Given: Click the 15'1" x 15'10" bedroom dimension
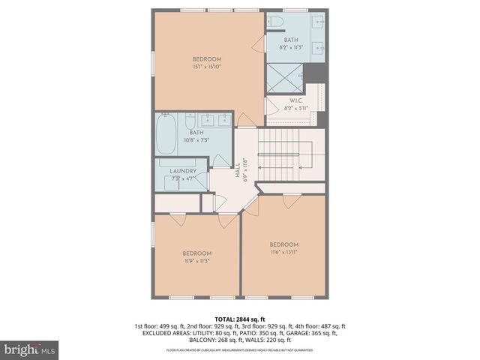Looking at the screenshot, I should pyautogui.click(x=207, y=67).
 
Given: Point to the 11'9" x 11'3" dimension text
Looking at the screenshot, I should pyautogui.click(x=197, y=261).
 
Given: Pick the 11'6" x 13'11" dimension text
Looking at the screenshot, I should pyautogui.click(x=284, y=253).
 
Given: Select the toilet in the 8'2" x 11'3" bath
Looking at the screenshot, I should pyautogui.click(x=275, y=21).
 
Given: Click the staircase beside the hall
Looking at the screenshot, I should pyautogui.click(x=289, y=154).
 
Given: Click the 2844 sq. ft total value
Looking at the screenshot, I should pyautogui.click(x=252, y=318).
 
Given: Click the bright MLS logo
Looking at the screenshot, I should pyautogui.click(x=30, y=350).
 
